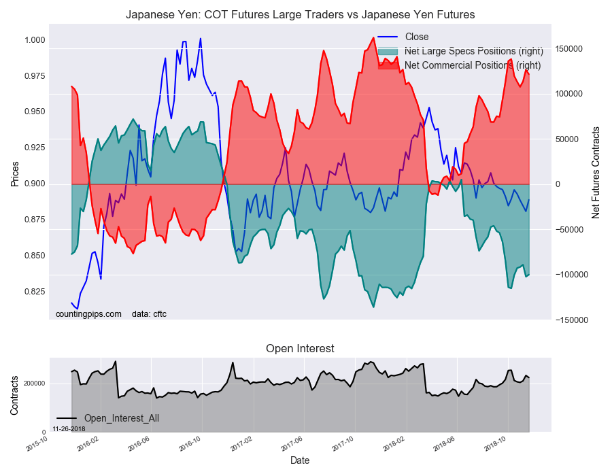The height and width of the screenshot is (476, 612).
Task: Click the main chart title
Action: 300,14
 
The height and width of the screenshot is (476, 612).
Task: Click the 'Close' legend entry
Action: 416,37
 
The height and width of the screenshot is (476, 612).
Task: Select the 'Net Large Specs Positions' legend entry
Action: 473,51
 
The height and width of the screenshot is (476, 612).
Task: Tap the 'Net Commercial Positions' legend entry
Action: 473,65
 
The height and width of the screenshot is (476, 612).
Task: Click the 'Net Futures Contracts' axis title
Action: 596,173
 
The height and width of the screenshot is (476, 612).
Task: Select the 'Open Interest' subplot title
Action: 300,348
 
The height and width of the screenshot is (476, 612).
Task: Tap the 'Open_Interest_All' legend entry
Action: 121,418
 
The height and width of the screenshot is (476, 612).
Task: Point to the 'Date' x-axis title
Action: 300,460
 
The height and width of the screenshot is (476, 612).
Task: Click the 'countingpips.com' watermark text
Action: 88,314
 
